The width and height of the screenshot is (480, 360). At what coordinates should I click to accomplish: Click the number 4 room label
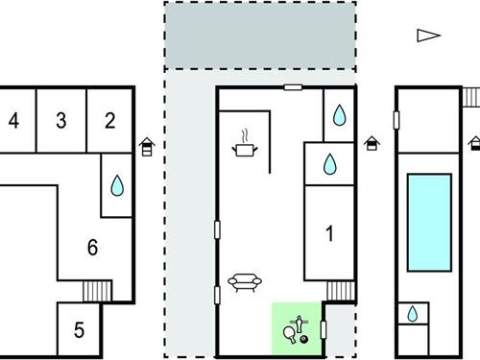[x=13, y=121]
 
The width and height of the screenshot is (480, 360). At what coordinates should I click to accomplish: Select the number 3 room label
[x=61, y=121]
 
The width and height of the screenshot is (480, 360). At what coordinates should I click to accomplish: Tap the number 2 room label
[x=110, y=121]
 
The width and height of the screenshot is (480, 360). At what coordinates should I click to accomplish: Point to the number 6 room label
[x=93, y=248]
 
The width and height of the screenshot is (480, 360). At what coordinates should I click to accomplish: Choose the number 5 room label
[x=79, y=330]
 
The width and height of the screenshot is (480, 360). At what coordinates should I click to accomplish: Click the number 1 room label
[x=329, y=233]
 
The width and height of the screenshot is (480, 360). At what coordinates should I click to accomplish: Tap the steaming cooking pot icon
[x=245, y=143]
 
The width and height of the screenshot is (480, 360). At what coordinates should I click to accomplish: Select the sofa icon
[x=245, y=282]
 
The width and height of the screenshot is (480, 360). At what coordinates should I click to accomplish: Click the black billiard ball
[x=304, y=339]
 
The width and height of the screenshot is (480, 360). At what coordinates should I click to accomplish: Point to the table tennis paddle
[x=290, y=334]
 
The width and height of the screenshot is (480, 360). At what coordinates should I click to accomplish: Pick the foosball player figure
[x=300, y=324]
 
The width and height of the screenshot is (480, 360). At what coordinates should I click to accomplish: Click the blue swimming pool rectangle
[x=429, y=223]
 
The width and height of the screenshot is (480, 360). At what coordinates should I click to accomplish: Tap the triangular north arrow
[x=428, y=36]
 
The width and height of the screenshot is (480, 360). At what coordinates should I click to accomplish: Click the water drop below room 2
[x=117, y=185]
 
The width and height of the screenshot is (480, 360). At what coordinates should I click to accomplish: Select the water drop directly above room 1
[x=329, y=164]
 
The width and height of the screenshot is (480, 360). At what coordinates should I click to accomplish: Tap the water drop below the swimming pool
[x=413, y=314]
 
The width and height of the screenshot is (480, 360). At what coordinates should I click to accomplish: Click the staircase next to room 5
[x=97, y=291]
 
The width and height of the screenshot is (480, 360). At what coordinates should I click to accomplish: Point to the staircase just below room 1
[x=341, y=291]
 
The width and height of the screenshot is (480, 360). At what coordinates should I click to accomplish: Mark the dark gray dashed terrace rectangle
[x=260, y=36]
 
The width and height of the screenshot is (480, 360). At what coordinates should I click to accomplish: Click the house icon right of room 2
[x=147, y=147]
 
